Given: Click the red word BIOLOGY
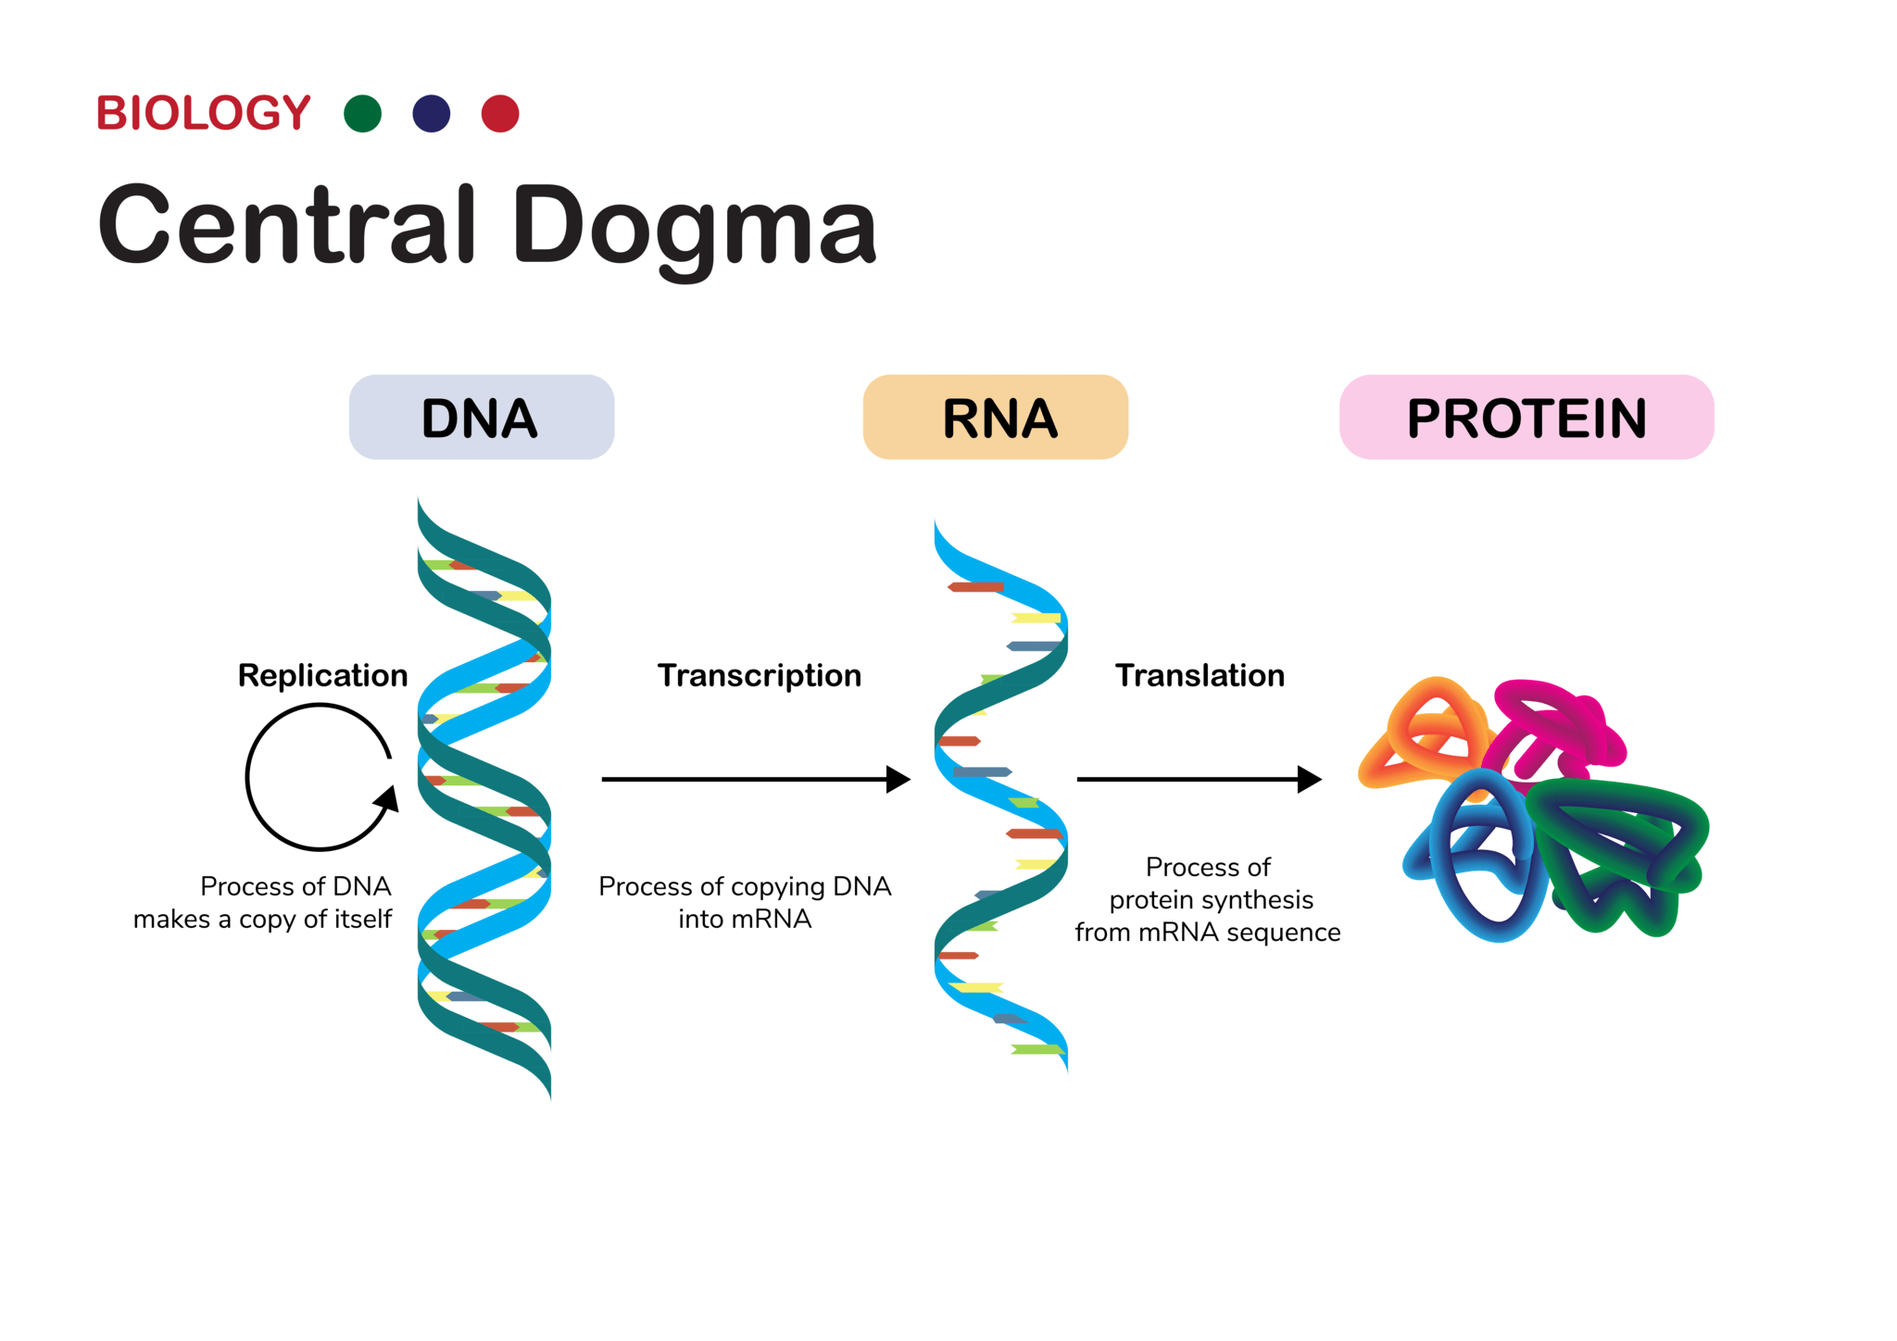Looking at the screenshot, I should pyautogui.click(x=204, y=113).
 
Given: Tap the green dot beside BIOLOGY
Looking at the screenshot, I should pyautogui.click(x=362, y=114).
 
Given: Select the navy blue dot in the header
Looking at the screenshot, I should pyautogui.click(x=432, y=114).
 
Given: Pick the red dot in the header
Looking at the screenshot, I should pyautogui.click(x=500, y=114).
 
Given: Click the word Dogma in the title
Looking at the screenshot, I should pyautogui.click(x=694, y=227).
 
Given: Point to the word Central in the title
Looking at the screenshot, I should pyautogui.click(x=287, y=225).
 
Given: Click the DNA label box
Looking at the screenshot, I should pyautogui.click(x=481, y=418).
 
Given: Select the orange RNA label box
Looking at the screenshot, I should pyautogui.click(x=996, y=418).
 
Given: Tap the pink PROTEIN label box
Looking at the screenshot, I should pyautogui.click(x=1526, y=418).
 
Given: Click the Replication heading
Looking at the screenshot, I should pyautogui.click(x=322, y=675).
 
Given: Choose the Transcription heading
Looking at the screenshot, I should pyautogui.click(x=760, y=675).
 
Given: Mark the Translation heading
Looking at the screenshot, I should pyautogui.click(x=1200, y=675).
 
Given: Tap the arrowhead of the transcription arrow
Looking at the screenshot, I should pyautogui.click(x=897, y=780).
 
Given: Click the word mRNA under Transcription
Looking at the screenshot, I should pyautogui.click(x=771, y=919).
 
